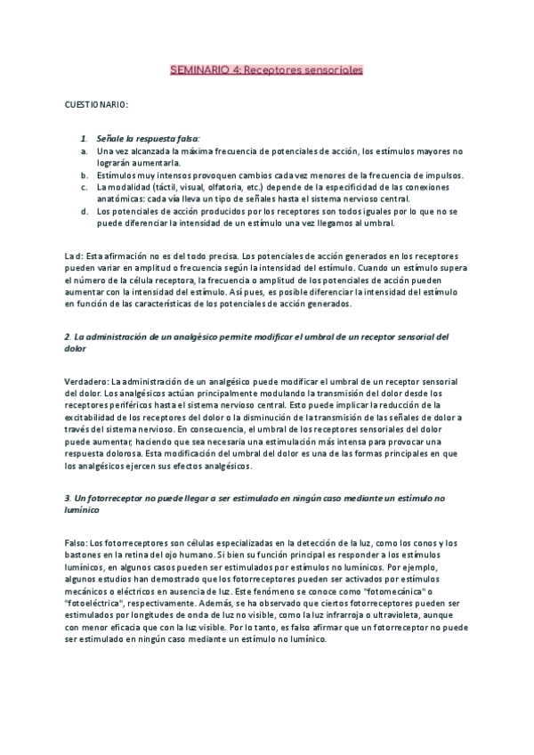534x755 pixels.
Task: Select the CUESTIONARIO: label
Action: [x=96, y=104]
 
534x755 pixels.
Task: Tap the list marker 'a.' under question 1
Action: [x=84, y=151]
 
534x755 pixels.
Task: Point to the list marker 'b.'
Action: [x=84, y=175]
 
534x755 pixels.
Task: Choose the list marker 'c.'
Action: [x=84, y=187]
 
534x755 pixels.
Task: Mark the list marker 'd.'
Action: [x=84, y=212]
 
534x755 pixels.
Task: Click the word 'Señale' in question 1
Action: [x=109, y=139]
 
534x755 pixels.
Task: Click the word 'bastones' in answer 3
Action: [x=86, y=531]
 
